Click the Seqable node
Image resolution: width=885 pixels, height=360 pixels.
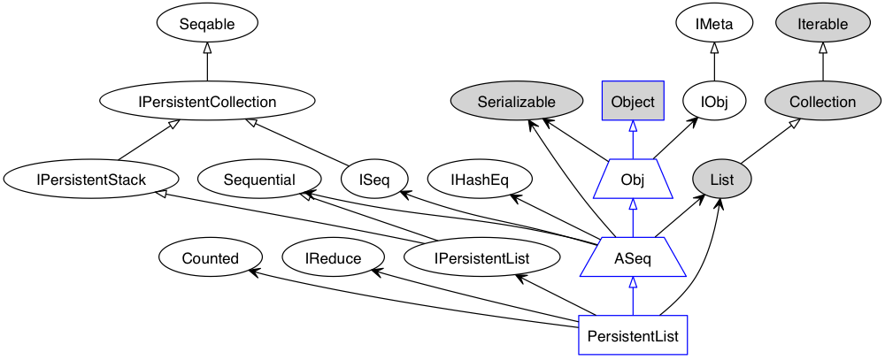(207, 24)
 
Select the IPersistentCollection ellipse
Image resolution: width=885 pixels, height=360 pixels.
(207, 102)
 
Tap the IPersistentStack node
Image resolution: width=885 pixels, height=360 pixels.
(91, 180)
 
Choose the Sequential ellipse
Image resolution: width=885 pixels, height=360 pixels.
(259, 180)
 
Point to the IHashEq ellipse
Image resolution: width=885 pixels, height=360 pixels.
(480, 180)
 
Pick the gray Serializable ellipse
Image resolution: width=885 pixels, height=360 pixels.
(517, 102)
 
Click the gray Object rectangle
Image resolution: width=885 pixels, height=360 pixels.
(633, 102)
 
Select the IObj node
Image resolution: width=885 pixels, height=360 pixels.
(714, 102)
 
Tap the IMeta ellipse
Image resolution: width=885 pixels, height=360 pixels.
(714, 24)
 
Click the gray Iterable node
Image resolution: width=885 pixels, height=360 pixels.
(823, 24)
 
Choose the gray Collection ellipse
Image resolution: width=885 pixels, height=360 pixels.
(823, 102)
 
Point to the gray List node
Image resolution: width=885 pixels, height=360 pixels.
(721, 180)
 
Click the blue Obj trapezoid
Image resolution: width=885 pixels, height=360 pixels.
(633, 180)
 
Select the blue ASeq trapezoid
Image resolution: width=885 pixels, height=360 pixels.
(633, 257)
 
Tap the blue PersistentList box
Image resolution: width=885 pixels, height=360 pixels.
(633, 335)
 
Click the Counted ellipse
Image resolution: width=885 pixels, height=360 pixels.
(211, 257)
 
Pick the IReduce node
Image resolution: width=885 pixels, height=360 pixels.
(333, 257)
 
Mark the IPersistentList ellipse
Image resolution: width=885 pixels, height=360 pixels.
(482, 257)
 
